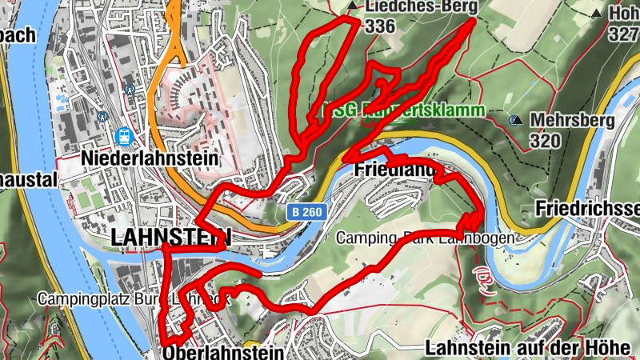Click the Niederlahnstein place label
pyautogui.click(x=150, y=158)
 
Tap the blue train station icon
pyautogui.click(x=124, y=137)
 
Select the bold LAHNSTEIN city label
pyautogui.click(x=172, y=237)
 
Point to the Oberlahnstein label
pyautogui.click(x=223, y=353)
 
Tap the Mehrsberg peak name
pyautogui.click(x=571, y=122)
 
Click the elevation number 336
pyautogui.click(x=379, y=26)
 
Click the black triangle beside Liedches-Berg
pyautogui.click(x=353, y=6)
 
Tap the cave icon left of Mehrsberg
pyautogui.click(x=517, y=121)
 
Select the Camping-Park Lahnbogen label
pyautogui.click(x=424, y=238)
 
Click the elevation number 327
pyautogui.click(x=622, y=34)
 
